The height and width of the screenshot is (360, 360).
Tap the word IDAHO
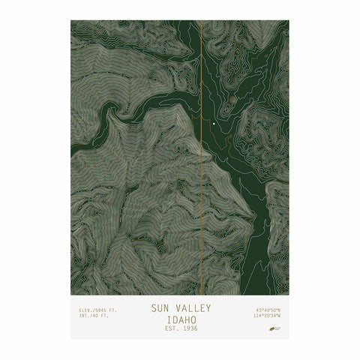click(x=179, y=318)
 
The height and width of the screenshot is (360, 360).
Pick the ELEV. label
click(x=85, y=309)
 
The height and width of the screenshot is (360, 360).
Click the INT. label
click(x=83, y=316)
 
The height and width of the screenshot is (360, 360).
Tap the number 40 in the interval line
click(x=94, y=316)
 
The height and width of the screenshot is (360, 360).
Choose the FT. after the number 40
click(x=103, y=316)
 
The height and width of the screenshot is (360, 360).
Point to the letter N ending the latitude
click(x=278, y=309)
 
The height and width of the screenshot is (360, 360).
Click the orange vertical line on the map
click(x=201, y=187)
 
